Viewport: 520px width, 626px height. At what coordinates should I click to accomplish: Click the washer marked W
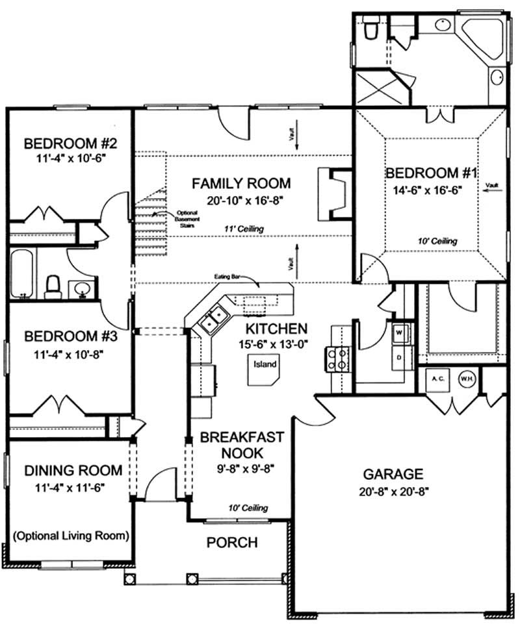pyautogui.click(x=398, y=332)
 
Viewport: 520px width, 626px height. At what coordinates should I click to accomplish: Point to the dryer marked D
pyautogui.click(x=398, y=357)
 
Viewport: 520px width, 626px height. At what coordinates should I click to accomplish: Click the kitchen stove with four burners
pyautogui.click(x=336, y=358)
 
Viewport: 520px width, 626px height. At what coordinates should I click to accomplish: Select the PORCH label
pyautogui.click(x=232, y=542)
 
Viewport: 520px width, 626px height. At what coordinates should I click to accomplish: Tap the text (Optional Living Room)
pyautogui.click(x=70, y=536)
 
